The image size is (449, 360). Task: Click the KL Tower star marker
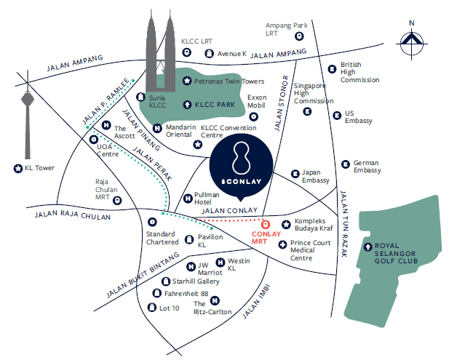pyautogui.click(x=18, y=169)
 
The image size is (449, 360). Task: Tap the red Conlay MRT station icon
pyautogui.click(x=266, y=224)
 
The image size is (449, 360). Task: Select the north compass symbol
pyautogui.click(x=412, y=44)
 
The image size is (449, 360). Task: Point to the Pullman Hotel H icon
pyautogui.click(x=188, y=199)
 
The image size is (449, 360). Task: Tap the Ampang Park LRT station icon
pyautogui.click(x=299, y=36)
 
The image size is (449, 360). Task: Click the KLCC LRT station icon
pyautogui.click(x=187, y=52)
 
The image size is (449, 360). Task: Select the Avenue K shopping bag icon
pyautogui.click(x=209, y=54)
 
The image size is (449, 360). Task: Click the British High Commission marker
pyautogui.click(x=332, y=69)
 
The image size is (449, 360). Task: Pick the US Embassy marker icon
pyautogui.click(x=337, y=116)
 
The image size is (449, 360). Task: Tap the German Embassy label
pyautogui.click(x=367, y=167)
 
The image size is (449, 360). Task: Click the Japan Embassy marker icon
pyautogui.click(x=295, y=174)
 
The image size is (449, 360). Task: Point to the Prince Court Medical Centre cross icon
pyautogui.click(x=282, y=244)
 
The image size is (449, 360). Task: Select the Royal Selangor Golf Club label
pyautogui.click(x=396, y=253)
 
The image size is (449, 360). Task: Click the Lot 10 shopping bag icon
pyautogui.click(x=151, y=308)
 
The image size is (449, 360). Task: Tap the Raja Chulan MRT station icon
pyautogui.click(x=117, y=200)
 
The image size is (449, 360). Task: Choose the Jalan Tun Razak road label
pyautogui.click(x=343, y=224)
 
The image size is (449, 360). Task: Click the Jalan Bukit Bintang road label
pyautogui.click(x=143, y=275)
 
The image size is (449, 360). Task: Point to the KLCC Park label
pyautogui.click(x=215, y=105)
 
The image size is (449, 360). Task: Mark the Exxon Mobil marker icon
pyautogui.click(x=253, y=117)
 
